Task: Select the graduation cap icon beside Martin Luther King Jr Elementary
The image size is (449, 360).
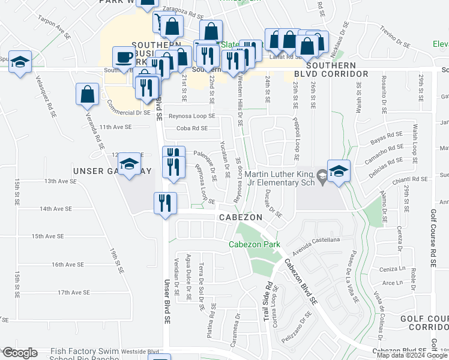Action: coord(338,170)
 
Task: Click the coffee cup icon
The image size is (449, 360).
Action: coord(124,57)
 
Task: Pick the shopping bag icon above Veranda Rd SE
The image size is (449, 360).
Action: coord(88,94)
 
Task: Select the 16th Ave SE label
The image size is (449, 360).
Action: coord(67,265)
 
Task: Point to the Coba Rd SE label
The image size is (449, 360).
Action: coord(192,128)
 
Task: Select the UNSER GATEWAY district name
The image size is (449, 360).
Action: coord(112,171)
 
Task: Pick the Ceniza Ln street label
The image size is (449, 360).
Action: coord(391,269)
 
